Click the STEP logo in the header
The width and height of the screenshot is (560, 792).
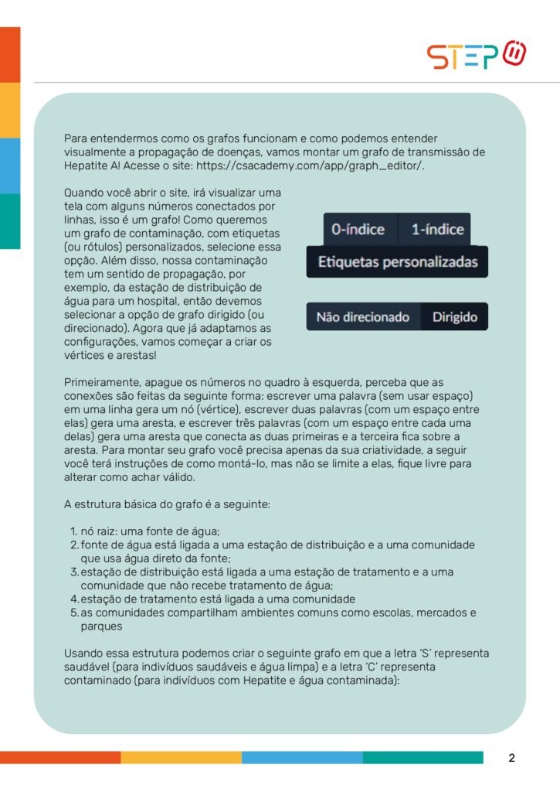click(x=477, y=56)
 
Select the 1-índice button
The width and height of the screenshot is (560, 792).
click(x=437, y=229)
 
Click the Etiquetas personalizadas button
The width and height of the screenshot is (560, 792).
click(x=398, y=262)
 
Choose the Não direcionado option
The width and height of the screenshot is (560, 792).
click(x=363, y=317)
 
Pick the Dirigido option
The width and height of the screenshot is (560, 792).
click(x=454, y=317)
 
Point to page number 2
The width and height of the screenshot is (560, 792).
click(x=511, y=758)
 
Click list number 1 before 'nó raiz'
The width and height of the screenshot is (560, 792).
click(x=73, y=531)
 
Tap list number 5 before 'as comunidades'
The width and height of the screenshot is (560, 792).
click(x=75, y=613)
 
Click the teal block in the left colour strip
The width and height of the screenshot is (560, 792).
click(x=10, y=220)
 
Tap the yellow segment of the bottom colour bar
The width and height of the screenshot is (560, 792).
click(x=181, y=757)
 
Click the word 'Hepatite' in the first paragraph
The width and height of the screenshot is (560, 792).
click(x=87, y=166)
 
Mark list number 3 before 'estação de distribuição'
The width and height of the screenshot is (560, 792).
click(x=74, y=572)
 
